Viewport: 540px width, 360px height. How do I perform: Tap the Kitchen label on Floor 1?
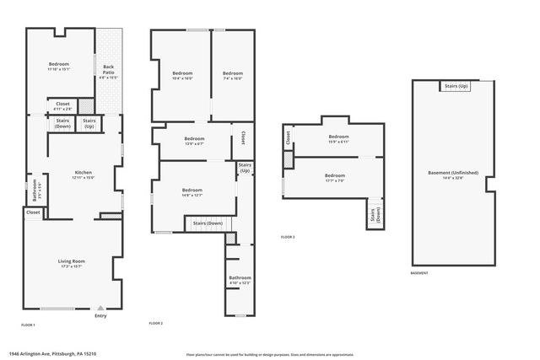(x=82, y=171)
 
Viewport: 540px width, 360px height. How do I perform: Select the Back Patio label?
(x=108, y=68)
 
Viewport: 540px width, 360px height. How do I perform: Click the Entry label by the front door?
(x=101, y=316)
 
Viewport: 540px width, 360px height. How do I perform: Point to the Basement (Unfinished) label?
(x=452, y=173)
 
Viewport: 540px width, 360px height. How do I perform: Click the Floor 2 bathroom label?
(x=240, y=277)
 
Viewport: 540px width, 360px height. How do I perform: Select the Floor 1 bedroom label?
(x=58, y=64)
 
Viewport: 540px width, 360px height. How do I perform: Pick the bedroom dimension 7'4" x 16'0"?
(x=232, y=78)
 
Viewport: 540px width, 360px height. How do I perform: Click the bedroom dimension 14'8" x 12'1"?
(x=192, y=196)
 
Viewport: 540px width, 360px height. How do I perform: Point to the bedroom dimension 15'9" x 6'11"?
(x=338, y=142)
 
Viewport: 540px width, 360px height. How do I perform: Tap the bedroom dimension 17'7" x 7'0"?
(x=335, y=180)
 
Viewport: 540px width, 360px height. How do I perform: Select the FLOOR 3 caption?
(x=288, y=237)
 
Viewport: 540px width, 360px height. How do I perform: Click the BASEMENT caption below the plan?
(x=419, y=273)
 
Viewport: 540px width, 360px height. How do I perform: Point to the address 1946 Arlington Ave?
(x=43, y=354)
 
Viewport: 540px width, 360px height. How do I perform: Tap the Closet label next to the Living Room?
(x=33, y=212)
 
